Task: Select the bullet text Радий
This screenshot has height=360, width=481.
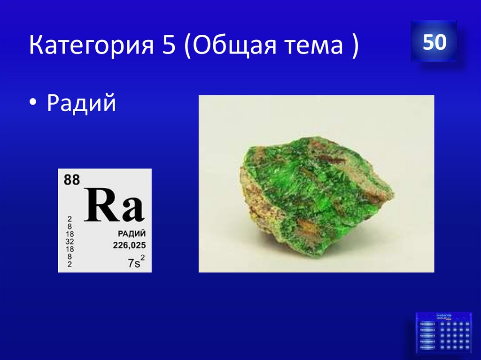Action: click(81, 103)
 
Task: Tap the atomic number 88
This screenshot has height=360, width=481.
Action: click(71, 180)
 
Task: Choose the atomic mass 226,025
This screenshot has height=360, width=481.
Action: click(129, 245)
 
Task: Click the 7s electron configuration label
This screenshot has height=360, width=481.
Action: click(133, 263)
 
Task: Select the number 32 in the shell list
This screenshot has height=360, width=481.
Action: click(70, 241)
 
